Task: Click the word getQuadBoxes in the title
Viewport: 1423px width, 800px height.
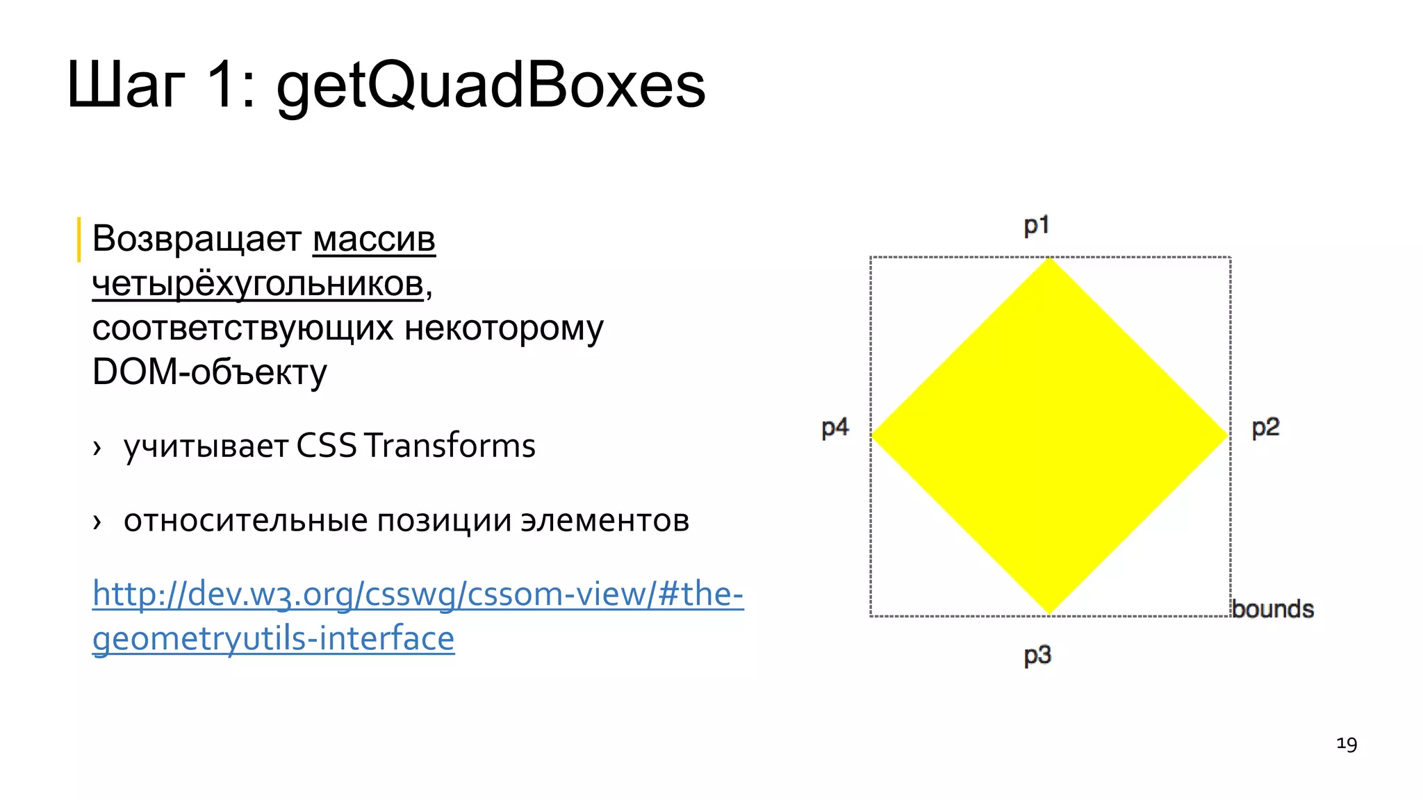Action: coord(491,86)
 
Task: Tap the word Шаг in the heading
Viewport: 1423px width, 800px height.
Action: coord(126,86)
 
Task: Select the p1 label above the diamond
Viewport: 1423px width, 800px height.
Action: coord(1037,226)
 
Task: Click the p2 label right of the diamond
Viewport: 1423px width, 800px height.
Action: coord(1265,428)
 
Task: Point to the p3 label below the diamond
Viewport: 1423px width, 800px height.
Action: coord(1037,656)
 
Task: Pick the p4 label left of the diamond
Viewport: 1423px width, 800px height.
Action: coord(835,428)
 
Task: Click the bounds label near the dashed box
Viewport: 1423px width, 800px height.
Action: coord(1273,609)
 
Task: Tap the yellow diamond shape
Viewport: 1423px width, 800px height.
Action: coord(1050,436)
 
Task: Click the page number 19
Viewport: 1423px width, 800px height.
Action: coord(1347,744)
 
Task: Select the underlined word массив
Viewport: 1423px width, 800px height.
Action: coord(374,240)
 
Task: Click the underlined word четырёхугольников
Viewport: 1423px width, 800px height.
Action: coord(258,284)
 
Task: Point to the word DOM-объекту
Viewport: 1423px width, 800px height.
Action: coord(209,372)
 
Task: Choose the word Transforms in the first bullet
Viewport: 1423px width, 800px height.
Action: coord(450,446)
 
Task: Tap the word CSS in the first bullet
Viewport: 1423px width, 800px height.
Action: coord(327,446)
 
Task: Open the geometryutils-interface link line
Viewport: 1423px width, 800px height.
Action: coord(273,639)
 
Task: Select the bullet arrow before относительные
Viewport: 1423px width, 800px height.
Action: coord(97,522)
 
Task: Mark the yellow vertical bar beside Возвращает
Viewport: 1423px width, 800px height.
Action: coord(79,240)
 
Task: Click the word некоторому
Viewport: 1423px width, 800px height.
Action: coord(504,328)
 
